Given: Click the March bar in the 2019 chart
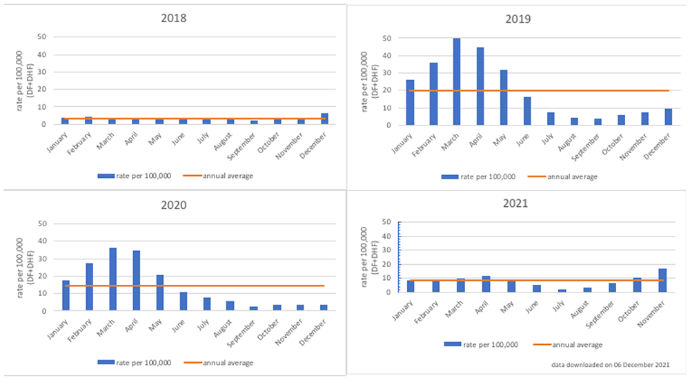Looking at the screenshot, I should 457,81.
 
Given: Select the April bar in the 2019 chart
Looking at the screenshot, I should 480,86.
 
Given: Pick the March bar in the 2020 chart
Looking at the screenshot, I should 113,279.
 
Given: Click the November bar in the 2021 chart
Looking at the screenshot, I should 662,281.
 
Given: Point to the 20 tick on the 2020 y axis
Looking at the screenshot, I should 43,276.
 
